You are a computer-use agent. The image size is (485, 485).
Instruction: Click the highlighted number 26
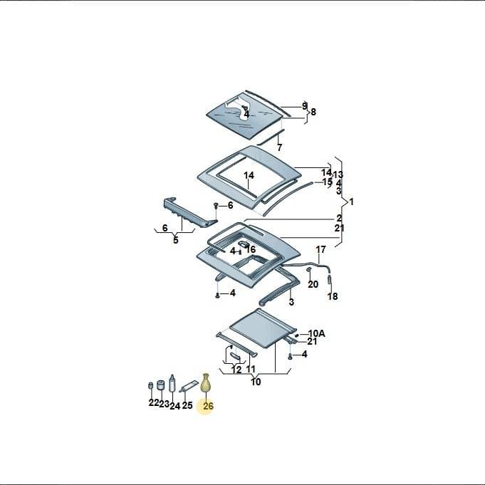coord(208,405)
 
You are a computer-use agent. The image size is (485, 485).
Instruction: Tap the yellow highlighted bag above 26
coord(206,383)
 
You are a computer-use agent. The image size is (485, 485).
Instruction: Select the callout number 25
coord(187,405)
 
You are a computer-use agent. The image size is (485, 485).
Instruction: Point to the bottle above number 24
coord(172,384)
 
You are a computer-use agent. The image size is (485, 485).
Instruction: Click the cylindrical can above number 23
coord(160,385)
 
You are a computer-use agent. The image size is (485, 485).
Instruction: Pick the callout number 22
coord(154,402)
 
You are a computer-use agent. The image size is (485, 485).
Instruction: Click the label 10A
coord(317,333)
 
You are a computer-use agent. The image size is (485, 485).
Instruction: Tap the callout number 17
coord(320,249)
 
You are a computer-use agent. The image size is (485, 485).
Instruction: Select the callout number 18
coord(333,296)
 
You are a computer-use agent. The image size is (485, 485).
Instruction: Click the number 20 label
coord(313,284)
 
